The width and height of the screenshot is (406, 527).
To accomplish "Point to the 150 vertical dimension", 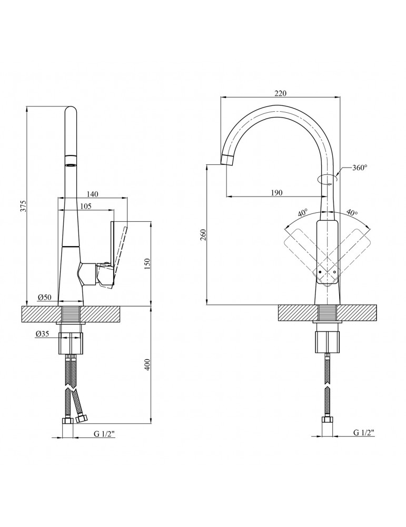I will coord(147,262).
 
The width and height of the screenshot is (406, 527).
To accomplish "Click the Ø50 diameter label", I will coord(44,298).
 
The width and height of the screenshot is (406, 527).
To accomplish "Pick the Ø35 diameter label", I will coord(42,334).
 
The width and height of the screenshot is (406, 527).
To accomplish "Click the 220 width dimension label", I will coord(280,93).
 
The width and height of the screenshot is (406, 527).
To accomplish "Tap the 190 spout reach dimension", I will coord(276,193).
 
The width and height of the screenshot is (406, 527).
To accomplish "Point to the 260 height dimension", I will coord(203,235).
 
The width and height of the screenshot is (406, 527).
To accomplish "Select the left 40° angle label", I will coord(302,214).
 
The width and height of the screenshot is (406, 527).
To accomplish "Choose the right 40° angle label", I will coord(352,213).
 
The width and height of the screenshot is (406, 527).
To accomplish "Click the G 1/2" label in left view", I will coord(104,434).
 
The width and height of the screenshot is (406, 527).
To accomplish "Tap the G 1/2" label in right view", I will coord(363,433).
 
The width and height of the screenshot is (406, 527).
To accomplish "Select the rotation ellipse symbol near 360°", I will coord(327,179).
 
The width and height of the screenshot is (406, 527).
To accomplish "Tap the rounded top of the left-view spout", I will coord(70,110).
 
